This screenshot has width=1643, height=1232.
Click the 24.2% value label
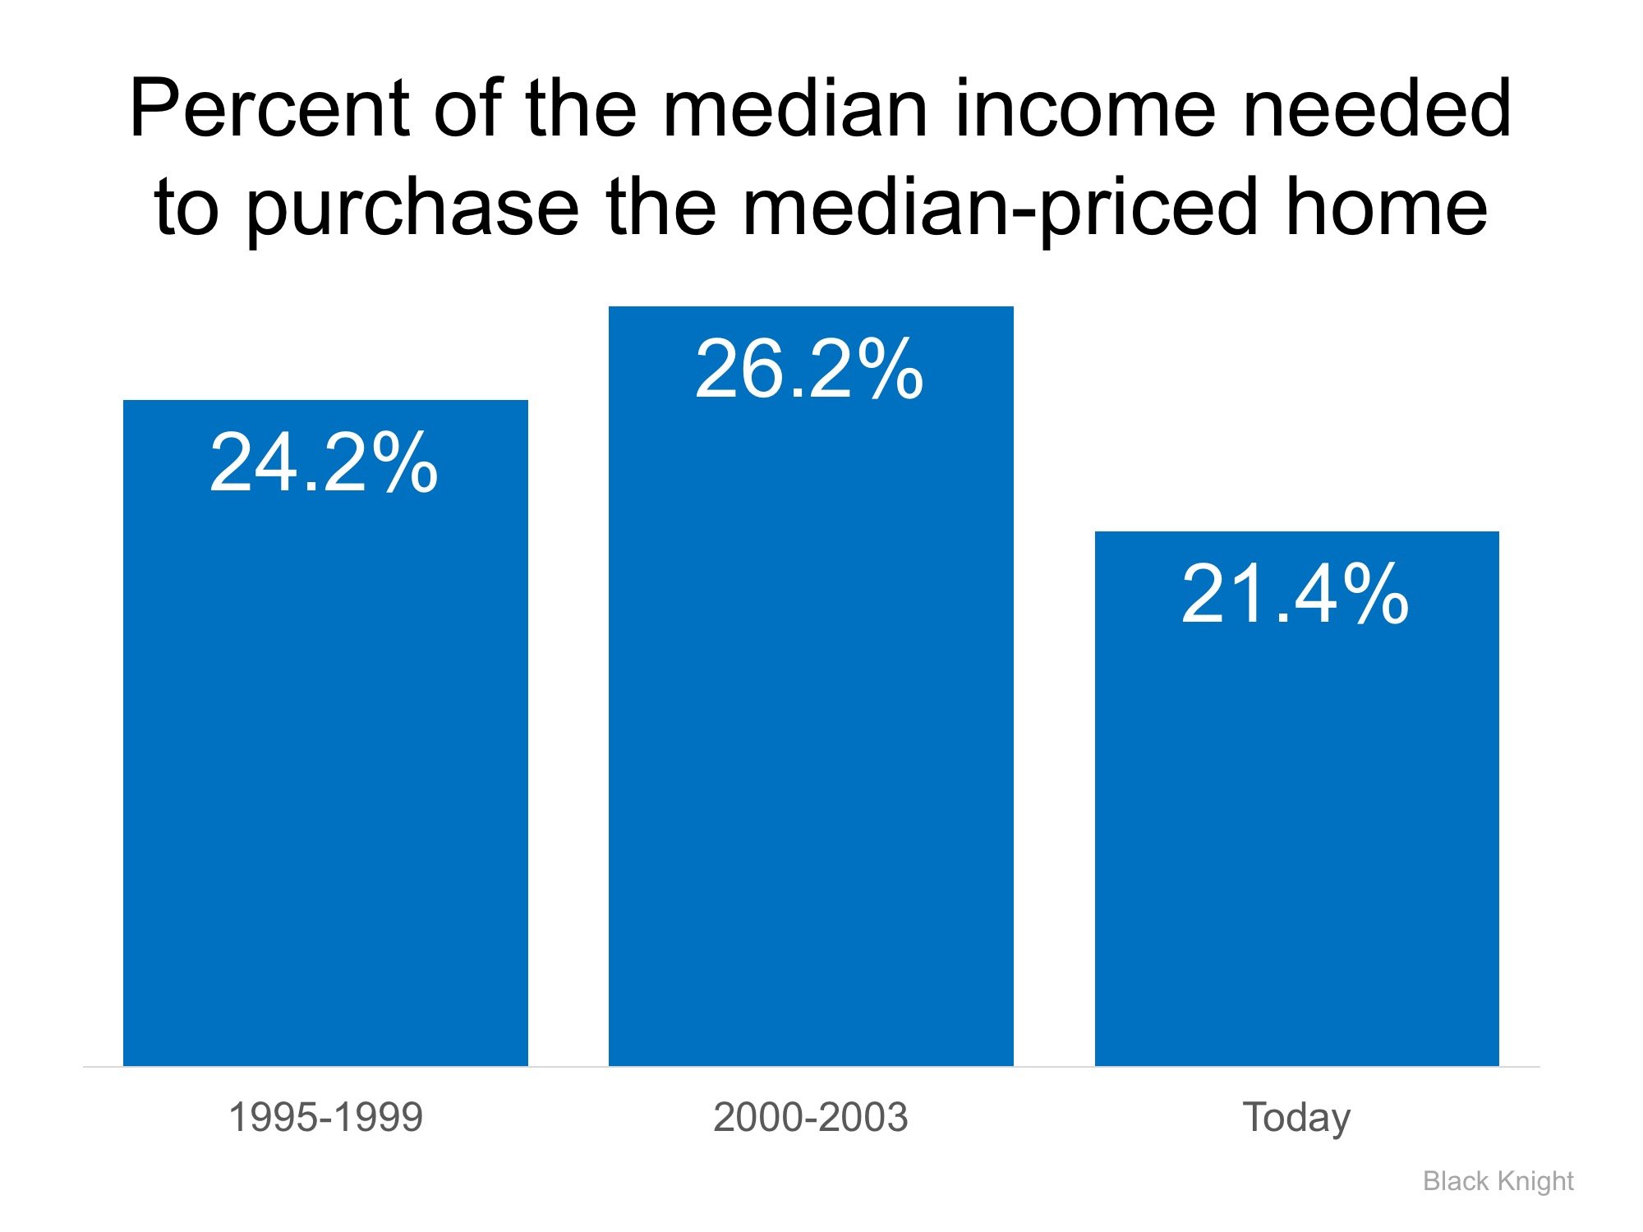coord(324,463)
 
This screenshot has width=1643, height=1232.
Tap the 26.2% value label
coord(809,370)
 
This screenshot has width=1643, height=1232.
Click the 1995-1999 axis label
coord(325,1117)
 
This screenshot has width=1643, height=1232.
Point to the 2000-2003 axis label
coord(811,1117)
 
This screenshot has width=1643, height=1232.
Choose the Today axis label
coord(1296,1118)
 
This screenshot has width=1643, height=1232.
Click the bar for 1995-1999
coord(325,780)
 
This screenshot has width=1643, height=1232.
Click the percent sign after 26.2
coord(887,370)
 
